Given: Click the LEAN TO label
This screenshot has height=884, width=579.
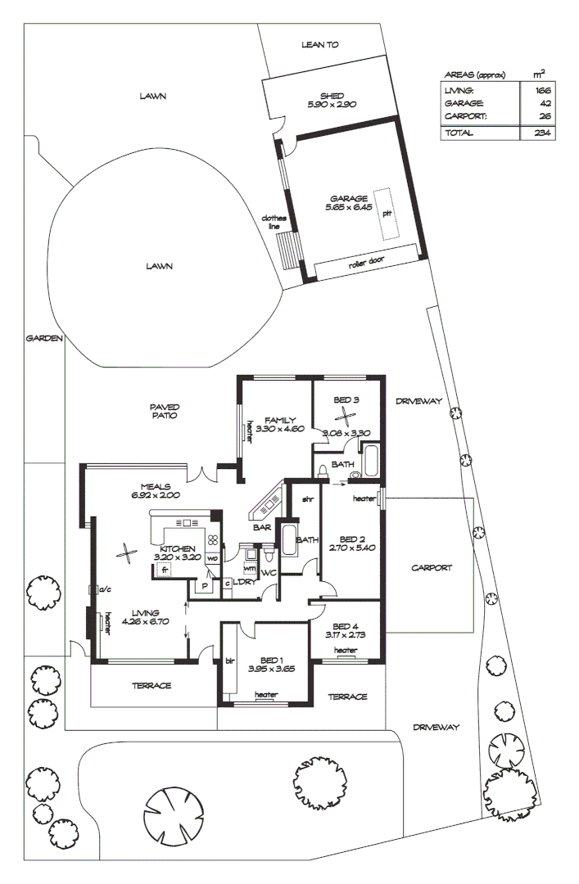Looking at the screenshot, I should (x=319, y=45).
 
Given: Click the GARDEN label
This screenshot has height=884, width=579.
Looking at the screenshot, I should (x=44, y=338).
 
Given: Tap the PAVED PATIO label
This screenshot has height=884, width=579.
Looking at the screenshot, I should (x=164, y=411).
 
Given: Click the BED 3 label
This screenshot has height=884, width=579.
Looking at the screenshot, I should (x=346, y=399).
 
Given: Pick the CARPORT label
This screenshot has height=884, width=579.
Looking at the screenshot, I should (x=432, y=567).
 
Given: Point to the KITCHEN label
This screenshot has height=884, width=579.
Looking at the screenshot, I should (x=178, y=548).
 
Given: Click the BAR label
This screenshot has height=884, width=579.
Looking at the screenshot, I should (x=262, y=528).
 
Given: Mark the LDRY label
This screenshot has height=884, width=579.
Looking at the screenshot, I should (x=244, y=582).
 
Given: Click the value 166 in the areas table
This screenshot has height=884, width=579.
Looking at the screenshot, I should (x=541, y=90).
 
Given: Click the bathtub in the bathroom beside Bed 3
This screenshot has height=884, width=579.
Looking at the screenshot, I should (x=371, y=462).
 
